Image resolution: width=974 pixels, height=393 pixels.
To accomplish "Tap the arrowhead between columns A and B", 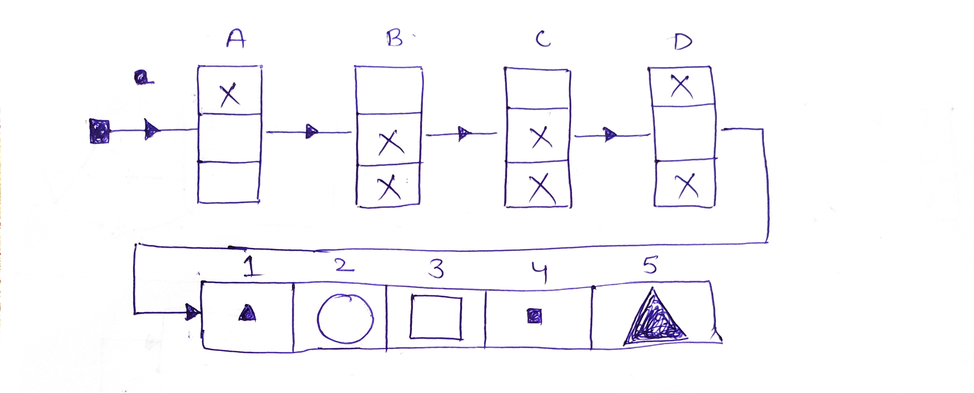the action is pos(312,131).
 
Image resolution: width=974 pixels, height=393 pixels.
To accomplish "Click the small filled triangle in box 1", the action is pos(248,313).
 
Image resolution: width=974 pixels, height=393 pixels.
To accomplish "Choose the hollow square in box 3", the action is pos(436,317).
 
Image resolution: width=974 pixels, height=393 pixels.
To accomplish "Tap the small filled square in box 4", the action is pos(534,316).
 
